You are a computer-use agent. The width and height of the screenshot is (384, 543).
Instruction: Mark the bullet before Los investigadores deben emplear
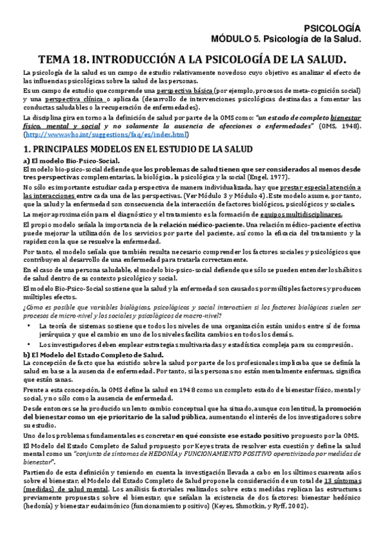[x=33, y=344]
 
